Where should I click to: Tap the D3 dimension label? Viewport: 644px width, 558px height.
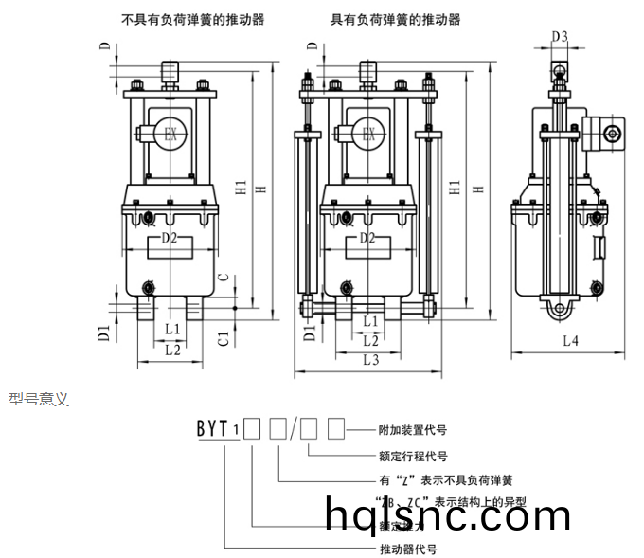pyautogui.click(x=559, y=37)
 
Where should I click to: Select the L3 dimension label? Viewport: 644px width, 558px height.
pyautogui.click(x=370, y=359)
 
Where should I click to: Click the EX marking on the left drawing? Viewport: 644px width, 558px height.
pyautogui.click(x=170, y=135)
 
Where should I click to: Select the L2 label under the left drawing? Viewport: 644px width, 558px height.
pyautogui.click(x=171, y=349)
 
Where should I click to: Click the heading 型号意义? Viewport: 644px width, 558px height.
pyautogui.click(x=39, y=400)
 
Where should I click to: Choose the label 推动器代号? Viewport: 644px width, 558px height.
pyautogui.click(x=407, y=549)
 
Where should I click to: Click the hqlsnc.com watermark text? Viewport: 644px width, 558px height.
pyautogui.click(x=448, y=515)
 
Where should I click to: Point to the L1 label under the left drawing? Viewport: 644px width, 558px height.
pyautogui.click(x=171, y=329)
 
